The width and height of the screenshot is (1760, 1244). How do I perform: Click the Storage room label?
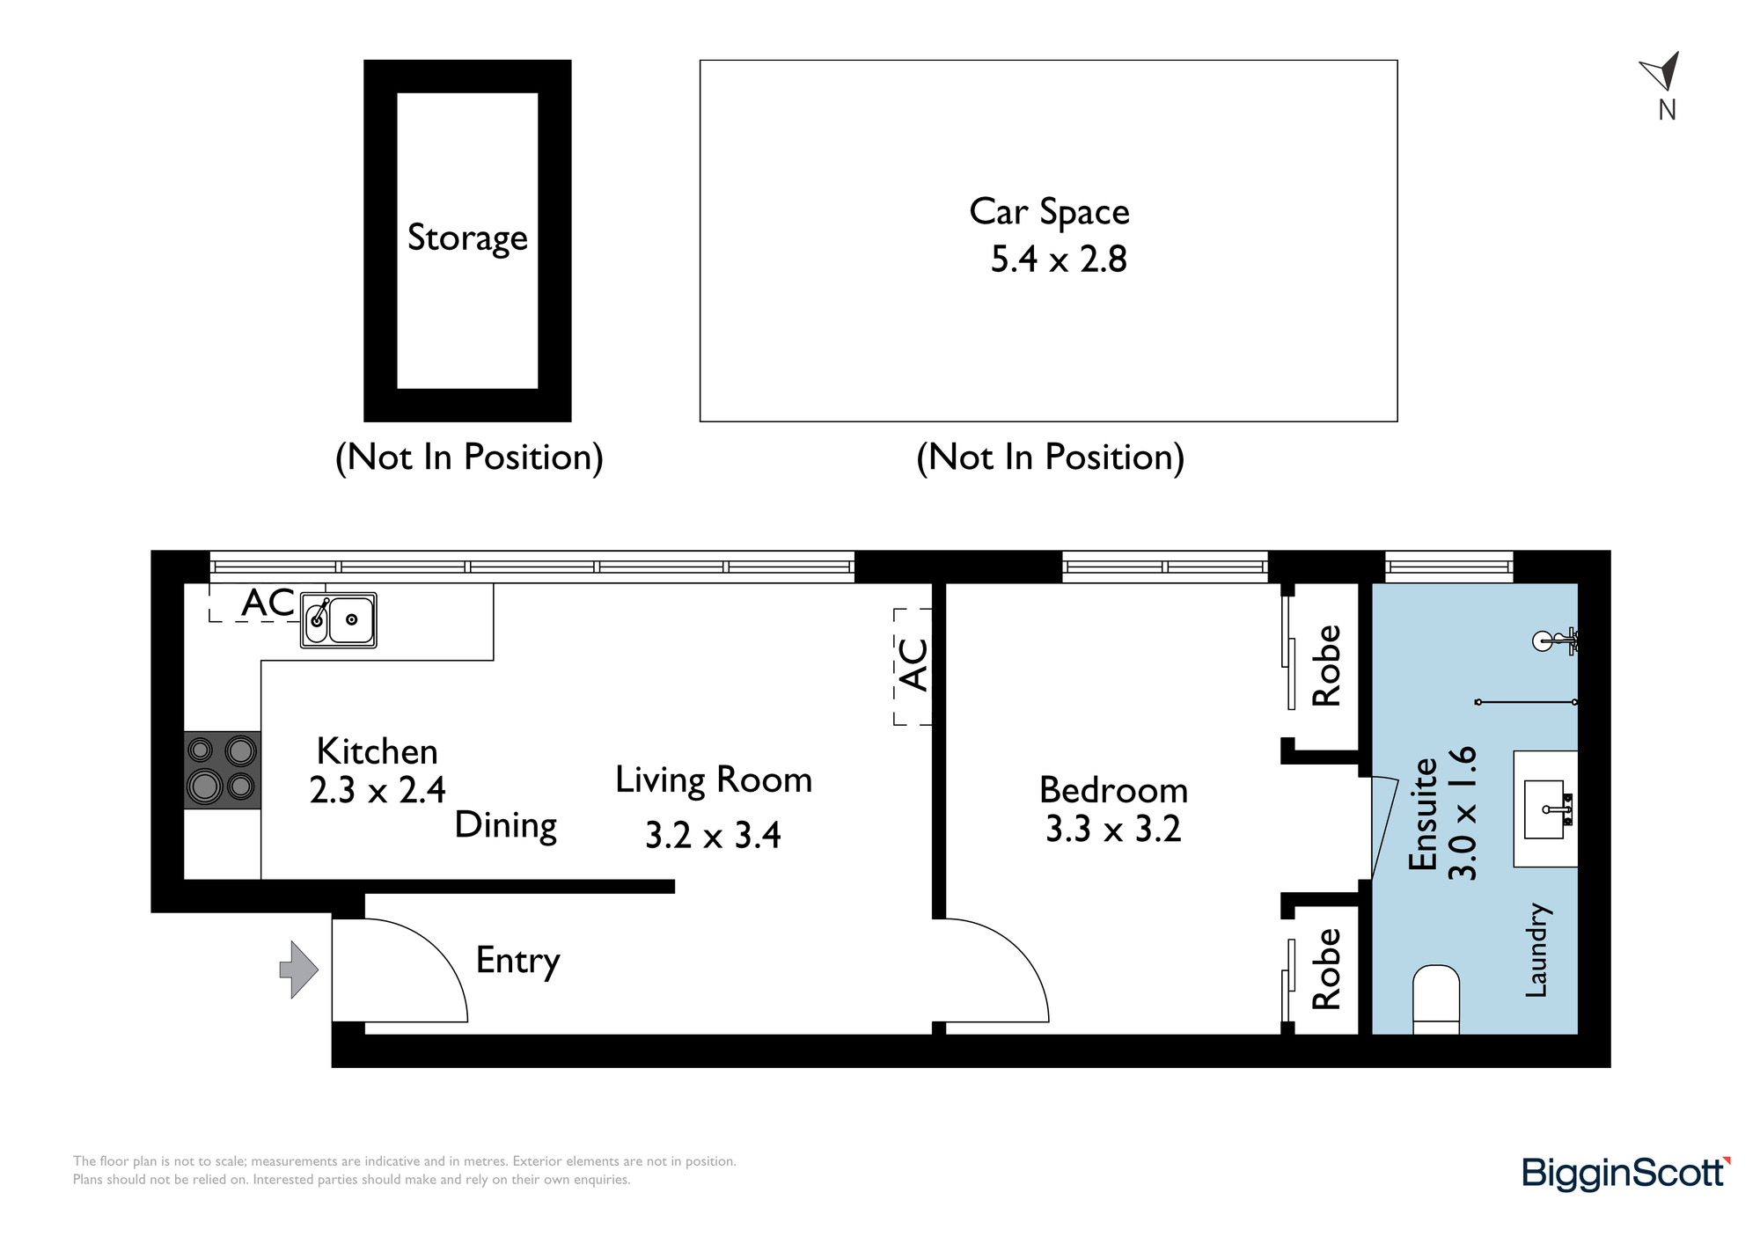click(x=467, y=238)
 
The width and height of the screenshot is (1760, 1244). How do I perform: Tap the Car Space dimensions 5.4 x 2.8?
click(x=1059, y=260)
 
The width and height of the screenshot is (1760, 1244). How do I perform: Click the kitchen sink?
click(x=339, y=620)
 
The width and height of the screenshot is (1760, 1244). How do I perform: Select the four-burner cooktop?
click(x=223, y=770)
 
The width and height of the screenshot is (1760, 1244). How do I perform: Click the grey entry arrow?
click(x=298, y=970)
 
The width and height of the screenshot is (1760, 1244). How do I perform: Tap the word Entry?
click(x=517, y=961)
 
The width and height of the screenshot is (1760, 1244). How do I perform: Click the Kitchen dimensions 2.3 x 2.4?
click(x=378, y=790)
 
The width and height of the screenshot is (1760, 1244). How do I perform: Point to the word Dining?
click(x=506, y=826)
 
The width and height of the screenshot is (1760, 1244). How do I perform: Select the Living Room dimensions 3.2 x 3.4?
click(x=713, y=835)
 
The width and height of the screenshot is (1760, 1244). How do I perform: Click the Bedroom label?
click(x=1113, y=790)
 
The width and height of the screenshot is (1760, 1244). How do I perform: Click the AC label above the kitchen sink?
click(x=268, y=604)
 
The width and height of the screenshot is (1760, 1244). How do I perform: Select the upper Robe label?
click(x=1326, y=665)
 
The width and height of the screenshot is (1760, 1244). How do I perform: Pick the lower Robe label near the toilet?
click(x=1326, y=969)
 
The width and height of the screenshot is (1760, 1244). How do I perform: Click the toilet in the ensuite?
click(x=1436, y=999)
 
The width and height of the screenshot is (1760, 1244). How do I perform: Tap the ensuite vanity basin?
click(x=1546, y=809)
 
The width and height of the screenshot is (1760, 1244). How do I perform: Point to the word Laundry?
click(x=1536, y=950)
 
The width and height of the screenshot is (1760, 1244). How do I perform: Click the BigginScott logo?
click(x=1626, y=1174)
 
